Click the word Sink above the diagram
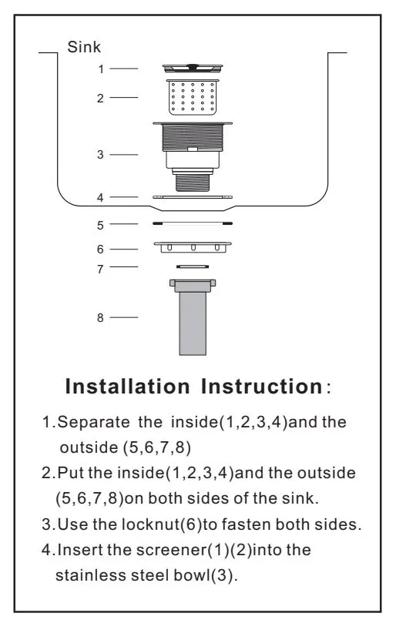[x=84, y=47]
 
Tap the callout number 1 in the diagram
[x=101, y=69]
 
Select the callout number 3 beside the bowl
[x=100, y=155]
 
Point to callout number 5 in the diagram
[x=100, y=226]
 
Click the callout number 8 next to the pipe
[x=100, y=317]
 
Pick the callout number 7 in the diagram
[x=100, y=269]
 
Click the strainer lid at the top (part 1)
[x=193, y=68]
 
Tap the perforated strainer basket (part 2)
[x=193, y=97]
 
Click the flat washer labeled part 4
[x=193, y=196]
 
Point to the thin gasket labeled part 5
[x=193, y=223]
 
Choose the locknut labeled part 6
[x=193, y=246]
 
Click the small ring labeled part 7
[x=193, y=266]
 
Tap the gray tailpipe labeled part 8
[x=193, y=317]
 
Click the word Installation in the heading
[x=128, y=387]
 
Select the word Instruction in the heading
[x=262, y=387]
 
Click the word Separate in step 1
[x=94, y=422]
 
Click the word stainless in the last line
[x=91, y=575]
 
